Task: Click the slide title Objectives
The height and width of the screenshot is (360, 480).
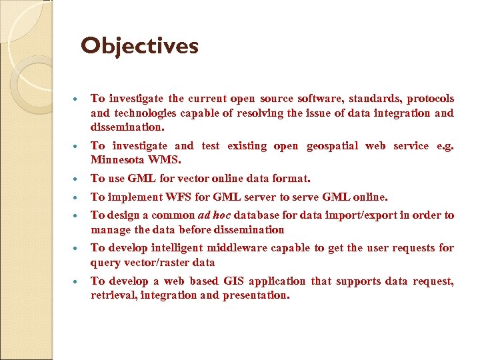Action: click(139, 46)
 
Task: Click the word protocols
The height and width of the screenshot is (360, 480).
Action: click(430, 98)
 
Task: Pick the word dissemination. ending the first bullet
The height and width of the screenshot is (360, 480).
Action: click(127, 127)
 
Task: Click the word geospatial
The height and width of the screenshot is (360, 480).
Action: click(334, 145)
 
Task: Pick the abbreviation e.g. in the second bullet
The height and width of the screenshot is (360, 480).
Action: click(443, 145)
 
